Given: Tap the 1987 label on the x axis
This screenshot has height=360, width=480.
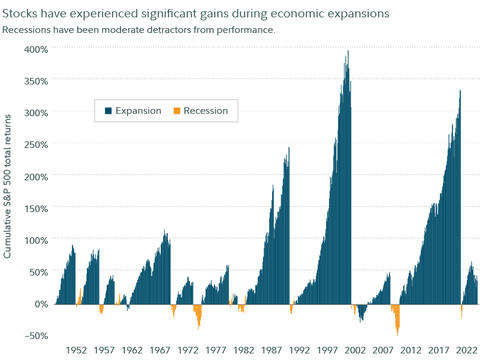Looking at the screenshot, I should coord(271,349).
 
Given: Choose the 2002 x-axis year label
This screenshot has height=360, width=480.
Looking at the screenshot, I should coord(355,349).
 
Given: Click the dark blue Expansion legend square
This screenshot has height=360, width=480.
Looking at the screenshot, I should coord(108,111).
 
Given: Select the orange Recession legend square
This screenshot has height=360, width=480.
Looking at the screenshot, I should coord(176,111).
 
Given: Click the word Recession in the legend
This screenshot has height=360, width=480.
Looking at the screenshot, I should coord(206,111).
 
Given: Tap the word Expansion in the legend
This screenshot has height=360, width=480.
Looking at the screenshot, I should coord(138,111).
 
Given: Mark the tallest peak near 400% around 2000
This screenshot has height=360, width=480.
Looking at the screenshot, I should coord(348,52).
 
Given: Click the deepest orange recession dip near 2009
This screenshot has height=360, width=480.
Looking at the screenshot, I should coord(397,332).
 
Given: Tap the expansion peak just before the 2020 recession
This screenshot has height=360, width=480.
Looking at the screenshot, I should coord(460,92).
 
